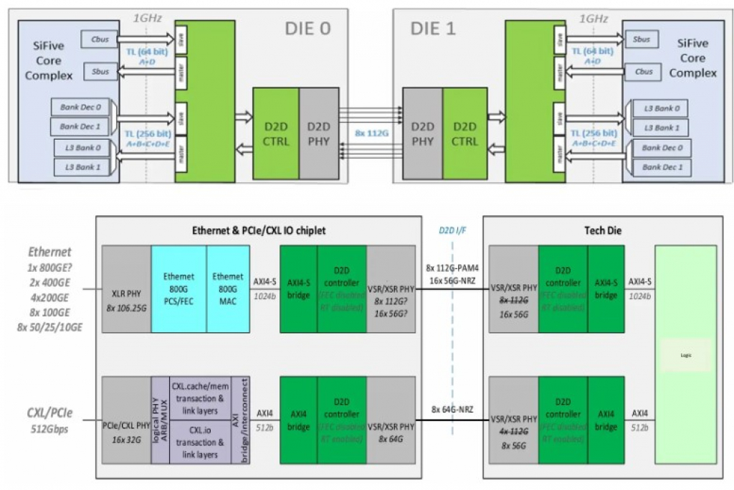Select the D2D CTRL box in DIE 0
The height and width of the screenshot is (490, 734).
(276, 133)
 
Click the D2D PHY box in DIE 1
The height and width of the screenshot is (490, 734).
(422, 133)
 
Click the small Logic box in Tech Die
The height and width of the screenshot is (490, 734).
(687, 355)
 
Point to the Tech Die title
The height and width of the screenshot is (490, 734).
(603, 230)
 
